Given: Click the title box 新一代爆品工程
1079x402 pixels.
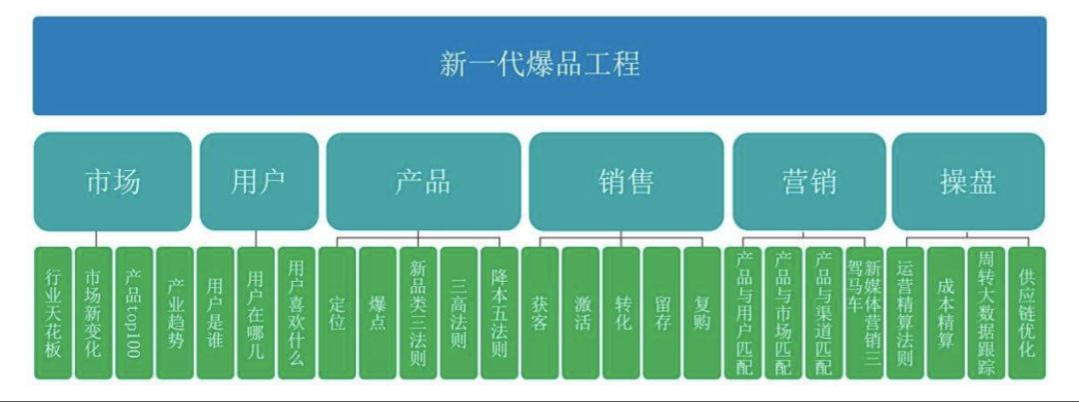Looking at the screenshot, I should pyautogui.click(x=539, y=66).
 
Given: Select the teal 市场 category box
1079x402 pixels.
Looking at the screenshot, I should pyautogui.click(x=112, y=182).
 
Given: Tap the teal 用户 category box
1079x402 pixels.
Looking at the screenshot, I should pyautogui.click(x=258, y=182).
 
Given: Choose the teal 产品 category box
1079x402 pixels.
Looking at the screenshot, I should pyautogui.click(x=423, y=182).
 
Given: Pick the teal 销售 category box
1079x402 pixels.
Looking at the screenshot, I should pyautogui.click(x=626, y=182).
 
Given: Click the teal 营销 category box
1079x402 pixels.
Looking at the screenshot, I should pyautogui.click(x=808, y=182).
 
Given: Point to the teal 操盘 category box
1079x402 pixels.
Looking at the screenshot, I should pyautogui.click(x=967, y=182).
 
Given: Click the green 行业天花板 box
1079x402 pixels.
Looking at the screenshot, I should pyautogui.click(x=53, y=313).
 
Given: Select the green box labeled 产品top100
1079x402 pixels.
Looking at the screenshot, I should pyautogui.click(x=134, y=313).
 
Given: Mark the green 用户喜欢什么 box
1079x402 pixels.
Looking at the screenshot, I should pyautogui.click(x=297, y=313).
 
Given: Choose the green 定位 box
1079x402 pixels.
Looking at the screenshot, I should pyautogui.click(x=338, y=313).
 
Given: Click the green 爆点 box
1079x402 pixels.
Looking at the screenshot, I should pyautogui.click(x=378, y=313).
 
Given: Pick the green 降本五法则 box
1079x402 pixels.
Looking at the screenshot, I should pyautogui.click(x=500, y=313).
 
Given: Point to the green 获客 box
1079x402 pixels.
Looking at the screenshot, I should pyautogui.click(x=540, y=313).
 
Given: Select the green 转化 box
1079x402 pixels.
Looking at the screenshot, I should pyautogui.click(x=621, y=313).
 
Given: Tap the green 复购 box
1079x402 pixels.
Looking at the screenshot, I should pyautogui.click(x=702, y=313).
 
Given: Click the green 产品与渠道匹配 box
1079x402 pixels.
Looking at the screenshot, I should pyautogui.click(x=824, y=313).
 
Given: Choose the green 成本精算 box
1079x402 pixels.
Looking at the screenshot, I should pyautogui.click(x=946, y=313).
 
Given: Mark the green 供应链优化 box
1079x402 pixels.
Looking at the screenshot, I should pyautogui.click(x=1027, y=313).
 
